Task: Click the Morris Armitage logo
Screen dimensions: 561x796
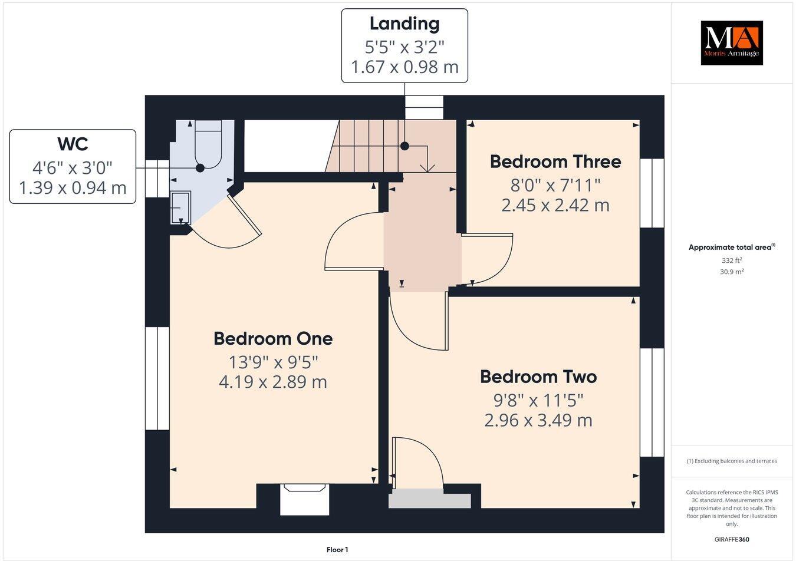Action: click(x=731, y=42)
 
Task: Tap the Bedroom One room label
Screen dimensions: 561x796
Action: click(x=273, y=339)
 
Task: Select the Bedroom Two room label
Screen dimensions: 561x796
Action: click(x=538, y=377)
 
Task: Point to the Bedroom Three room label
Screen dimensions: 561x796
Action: click(x=555, y=161)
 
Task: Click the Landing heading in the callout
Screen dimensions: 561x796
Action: click(x=404, y=24)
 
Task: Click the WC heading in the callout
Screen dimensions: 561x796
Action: click(x=73, y=144)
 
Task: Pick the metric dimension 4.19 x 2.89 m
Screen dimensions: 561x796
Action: click(x=273, y=382)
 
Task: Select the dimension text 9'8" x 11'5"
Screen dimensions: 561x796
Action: click(x=538, y=401)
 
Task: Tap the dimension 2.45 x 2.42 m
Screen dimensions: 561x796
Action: click(x=555, y=205)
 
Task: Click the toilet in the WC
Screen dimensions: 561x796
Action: click(x=208, y=144)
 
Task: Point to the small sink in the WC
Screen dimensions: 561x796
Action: click(x=180, y=207)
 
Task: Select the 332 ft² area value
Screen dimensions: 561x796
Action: click(x=731, y=260)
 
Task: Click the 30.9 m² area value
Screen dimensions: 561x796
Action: click(x=731, y=272)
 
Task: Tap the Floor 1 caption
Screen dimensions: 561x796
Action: click(x=337, y=550)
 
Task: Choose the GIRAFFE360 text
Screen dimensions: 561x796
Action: click(x=731, y=539)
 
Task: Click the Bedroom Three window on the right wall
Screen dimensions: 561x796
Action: click(x=652, y=193)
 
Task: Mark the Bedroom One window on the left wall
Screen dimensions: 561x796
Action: click(x=157, y=378)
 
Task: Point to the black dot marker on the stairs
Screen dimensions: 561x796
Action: click(x=404, y=146)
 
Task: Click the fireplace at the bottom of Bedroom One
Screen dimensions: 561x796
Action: click(x=304, y=499)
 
